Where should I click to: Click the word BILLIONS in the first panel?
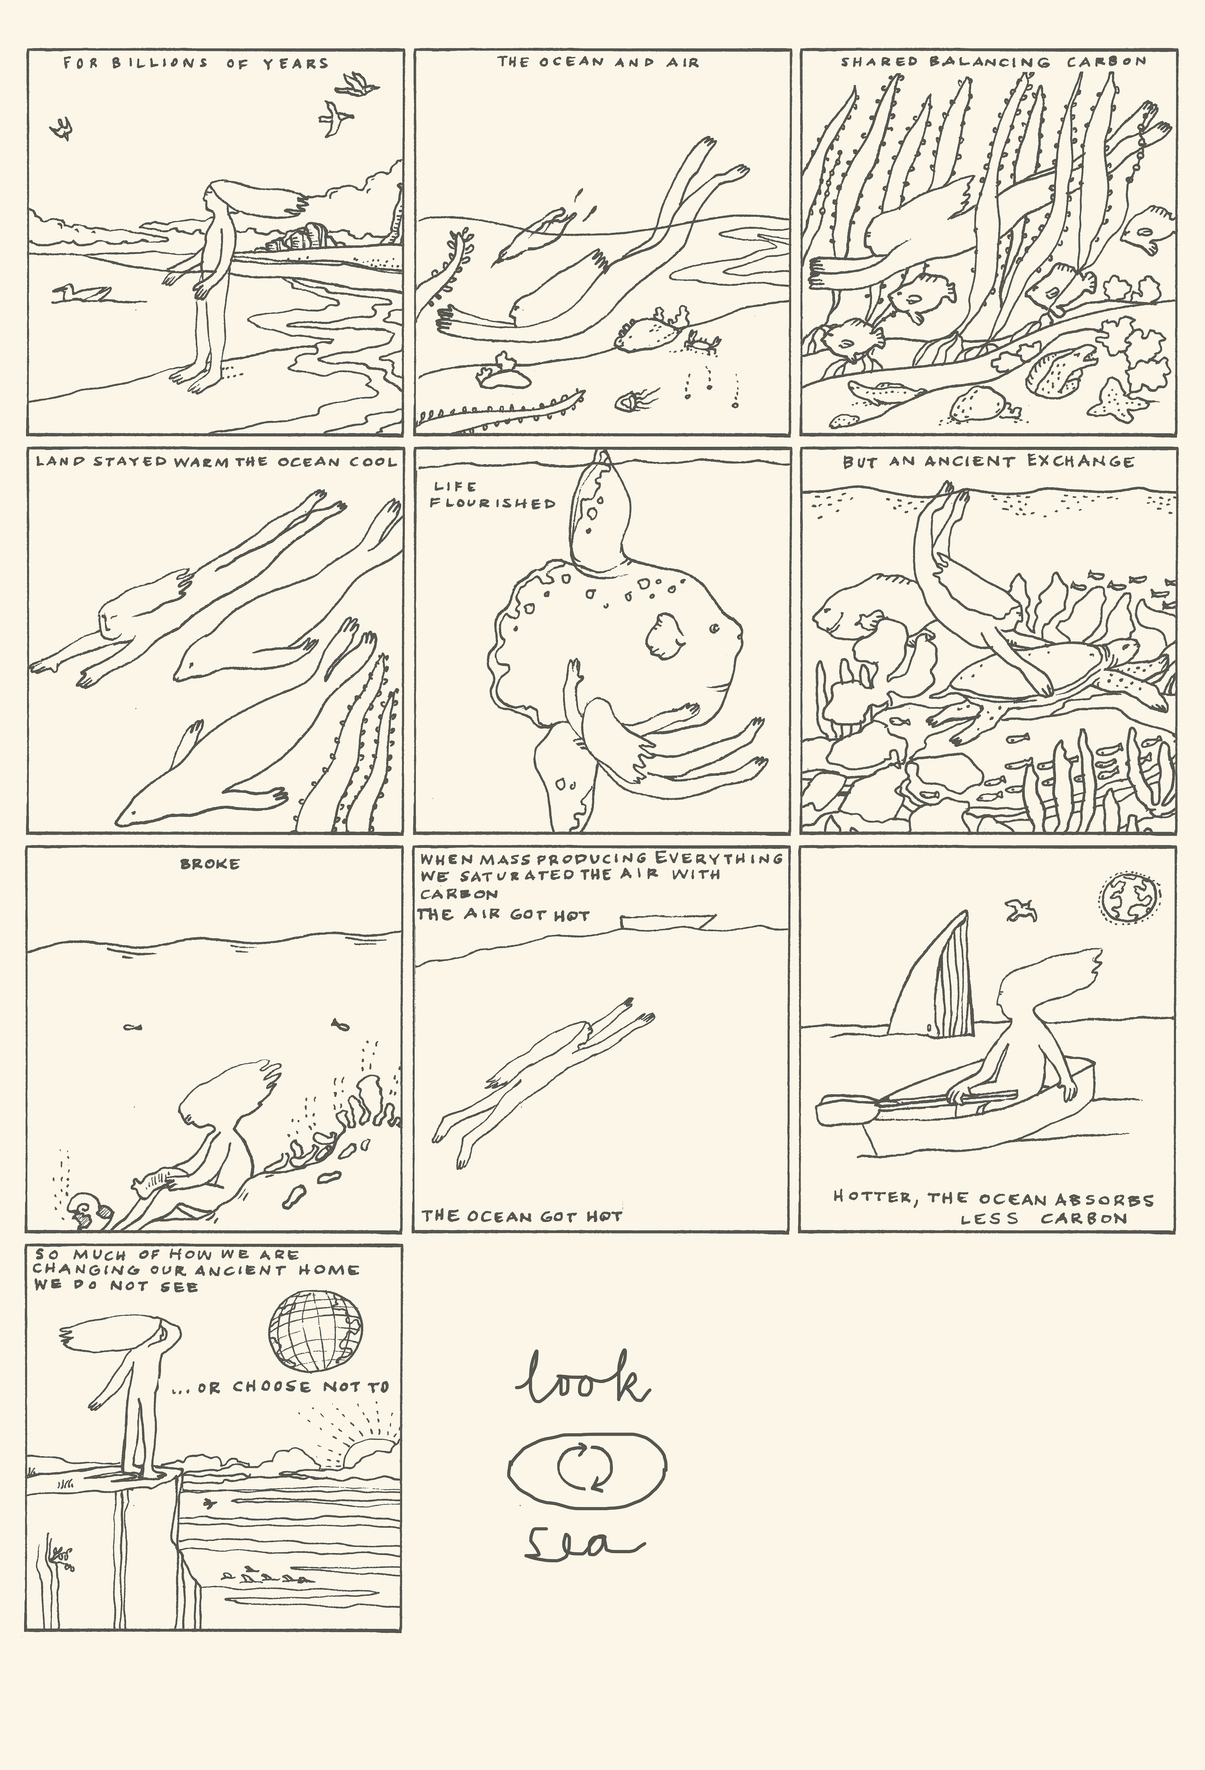160,63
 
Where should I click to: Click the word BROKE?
210,864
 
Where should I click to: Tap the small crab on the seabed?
701,340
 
